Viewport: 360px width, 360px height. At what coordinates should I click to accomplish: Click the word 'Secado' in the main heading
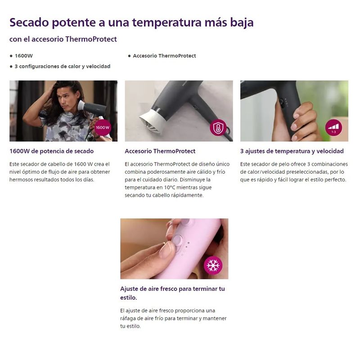click(29, 22)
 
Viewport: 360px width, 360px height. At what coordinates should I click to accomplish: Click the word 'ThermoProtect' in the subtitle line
click(91, 39)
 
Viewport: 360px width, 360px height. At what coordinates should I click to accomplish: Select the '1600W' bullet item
click(24, 56)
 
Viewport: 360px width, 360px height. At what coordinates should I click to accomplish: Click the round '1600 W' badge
click(103, 127)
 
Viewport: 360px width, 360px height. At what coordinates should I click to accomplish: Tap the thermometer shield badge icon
click(218, 128)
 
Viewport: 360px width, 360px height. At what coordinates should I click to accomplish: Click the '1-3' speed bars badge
click(333, 128)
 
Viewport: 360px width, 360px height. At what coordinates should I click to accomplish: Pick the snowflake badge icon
click(213, 265)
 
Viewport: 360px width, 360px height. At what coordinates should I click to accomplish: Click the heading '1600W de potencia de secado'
click(51, 151)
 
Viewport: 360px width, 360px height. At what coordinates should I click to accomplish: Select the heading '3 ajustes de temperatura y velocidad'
click(292, 151)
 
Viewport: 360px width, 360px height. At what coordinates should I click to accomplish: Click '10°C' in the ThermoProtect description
click(170, 187)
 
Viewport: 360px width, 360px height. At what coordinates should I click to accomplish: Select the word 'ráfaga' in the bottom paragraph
click(128, 319)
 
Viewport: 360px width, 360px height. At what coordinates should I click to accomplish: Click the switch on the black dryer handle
click(282, 102)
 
